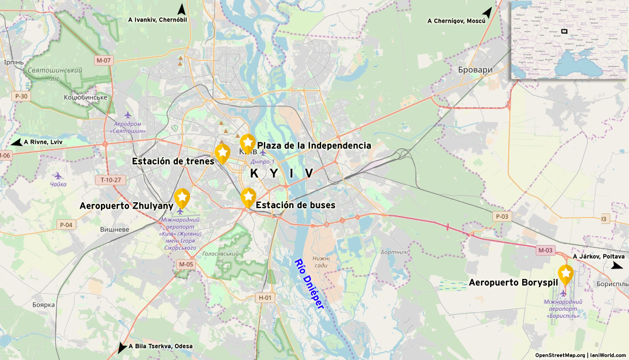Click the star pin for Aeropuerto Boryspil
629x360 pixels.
(x=565, y=274)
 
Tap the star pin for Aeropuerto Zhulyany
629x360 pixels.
(x=182, y=198)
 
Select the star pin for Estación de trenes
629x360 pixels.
(x=222, y=152)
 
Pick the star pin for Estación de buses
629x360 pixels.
(x=248, y=197)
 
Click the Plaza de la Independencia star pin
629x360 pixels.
(x=248, y=142)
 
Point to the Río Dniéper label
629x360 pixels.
(x=309, y=284)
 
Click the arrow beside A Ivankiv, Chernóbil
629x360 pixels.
(x=182, y=10)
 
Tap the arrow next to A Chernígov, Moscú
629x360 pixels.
(x=487, y=12)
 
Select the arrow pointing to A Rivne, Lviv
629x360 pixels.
(x=16, y=142)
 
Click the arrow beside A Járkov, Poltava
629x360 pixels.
(x=617, y=266)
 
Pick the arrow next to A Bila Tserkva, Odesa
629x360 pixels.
(x=122, y=347)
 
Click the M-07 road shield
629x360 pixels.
(x=103, y=60)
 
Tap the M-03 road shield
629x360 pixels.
(x=546, y=250)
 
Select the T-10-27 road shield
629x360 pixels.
(x=110, y=179)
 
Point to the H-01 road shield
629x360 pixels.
(x=266, y=297)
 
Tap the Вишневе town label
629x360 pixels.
(x=114, y=229)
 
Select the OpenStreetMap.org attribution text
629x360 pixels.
(x=559, y=355)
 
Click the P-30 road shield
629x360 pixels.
(x=21, y=96)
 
